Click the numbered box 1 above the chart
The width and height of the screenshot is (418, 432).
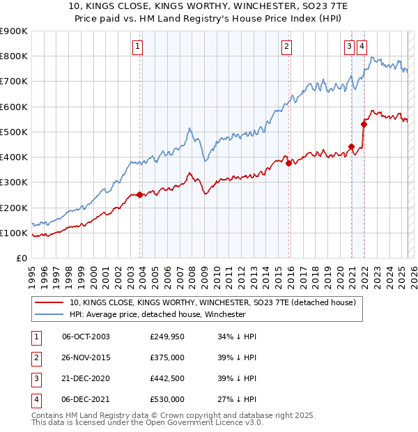138,47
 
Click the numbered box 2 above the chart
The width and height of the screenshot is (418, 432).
286,47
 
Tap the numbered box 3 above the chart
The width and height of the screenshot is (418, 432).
349,47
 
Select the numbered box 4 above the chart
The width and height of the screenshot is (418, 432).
362,47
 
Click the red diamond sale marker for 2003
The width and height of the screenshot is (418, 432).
139,195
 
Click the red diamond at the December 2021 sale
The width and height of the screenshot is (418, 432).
364,125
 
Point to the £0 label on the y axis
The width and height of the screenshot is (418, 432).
21,259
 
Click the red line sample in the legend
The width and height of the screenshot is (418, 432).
49,302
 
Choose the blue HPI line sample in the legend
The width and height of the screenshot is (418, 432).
49,314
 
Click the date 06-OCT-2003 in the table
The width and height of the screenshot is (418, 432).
86,337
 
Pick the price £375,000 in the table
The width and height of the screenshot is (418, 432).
167,358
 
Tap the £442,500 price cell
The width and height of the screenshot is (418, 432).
167,379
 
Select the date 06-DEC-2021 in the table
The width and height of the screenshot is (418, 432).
86,400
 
